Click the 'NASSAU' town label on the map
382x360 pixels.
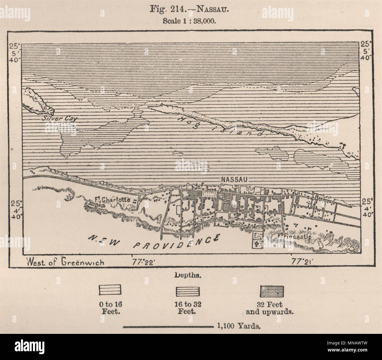[x=233, y=179]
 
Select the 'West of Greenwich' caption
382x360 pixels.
[x=65, y=262]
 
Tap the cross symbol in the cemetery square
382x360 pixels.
[x=258, y=244]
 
